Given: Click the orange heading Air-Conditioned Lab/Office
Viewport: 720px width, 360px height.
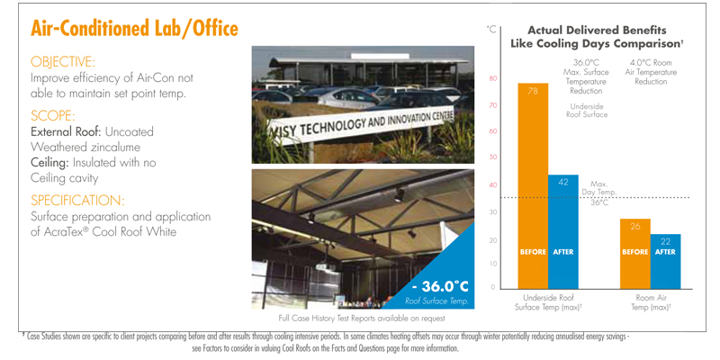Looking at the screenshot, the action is [134, 29].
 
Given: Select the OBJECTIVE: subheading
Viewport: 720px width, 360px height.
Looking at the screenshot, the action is [63, 61].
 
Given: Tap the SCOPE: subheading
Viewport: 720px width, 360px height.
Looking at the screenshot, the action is [53, 115].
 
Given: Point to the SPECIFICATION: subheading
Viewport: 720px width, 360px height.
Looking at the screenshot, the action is [77, 201].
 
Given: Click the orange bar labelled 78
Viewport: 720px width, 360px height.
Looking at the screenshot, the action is [533, 186].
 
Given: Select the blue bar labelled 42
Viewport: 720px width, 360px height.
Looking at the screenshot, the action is [563, 232].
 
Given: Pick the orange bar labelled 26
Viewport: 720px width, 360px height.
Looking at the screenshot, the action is [635, 254].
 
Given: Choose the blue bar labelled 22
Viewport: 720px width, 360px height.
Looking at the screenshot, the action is [665, 261].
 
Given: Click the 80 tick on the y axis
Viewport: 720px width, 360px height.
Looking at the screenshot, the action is [492, 78].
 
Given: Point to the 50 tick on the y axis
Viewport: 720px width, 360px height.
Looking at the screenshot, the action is [492, 157].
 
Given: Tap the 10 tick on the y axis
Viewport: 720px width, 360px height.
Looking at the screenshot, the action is [492, 264].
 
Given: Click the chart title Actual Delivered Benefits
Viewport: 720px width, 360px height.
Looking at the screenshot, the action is [597, 31].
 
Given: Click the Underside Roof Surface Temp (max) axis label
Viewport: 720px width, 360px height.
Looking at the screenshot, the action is [548, 302].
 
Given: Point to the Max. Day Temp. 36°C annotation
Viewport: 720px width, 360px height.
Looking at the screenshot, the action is [599, 193].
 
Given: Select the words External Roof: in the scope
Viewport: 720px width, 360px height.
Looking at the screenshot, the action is [66, 132].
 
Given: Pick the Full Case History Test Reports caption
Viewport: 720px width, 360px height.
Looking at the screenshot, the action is [362, 318].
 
